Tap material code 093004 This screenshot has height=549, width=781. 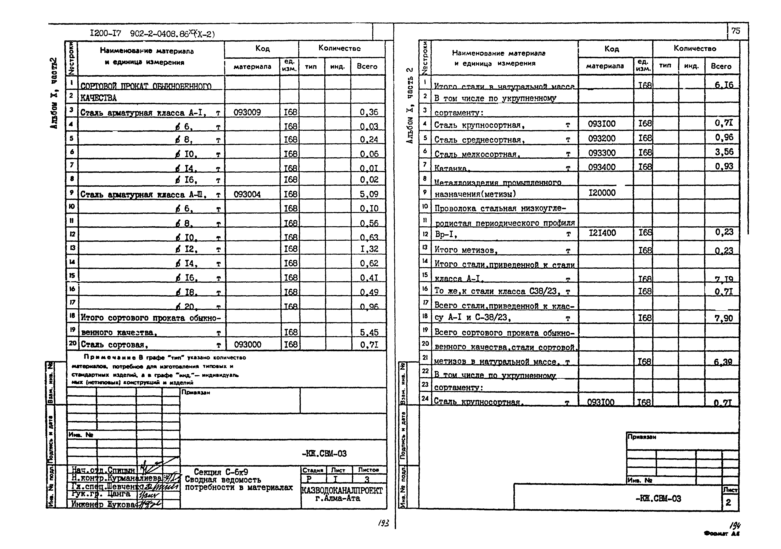click(x=247, y=194)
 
